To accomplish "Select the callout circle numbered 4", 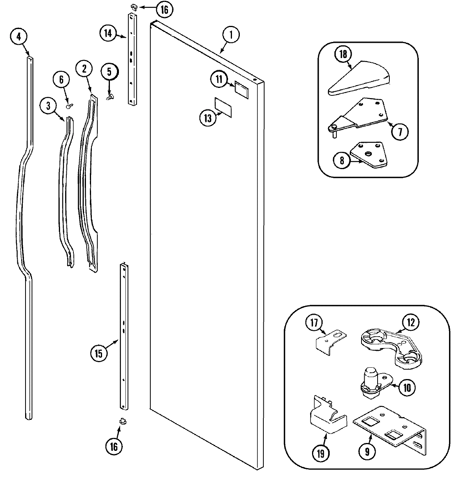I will (x=19, y=37).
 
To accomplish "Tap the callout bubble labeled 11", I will (x=219, y=79).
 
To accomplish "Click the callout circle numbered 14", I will (x=108, y=33).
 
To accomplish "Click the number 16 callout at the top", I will (x=164, y=9).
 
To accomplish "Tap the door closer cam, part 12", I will (x=389, y=345).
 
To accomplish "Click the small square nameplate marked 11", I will (x=241, y=89).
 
